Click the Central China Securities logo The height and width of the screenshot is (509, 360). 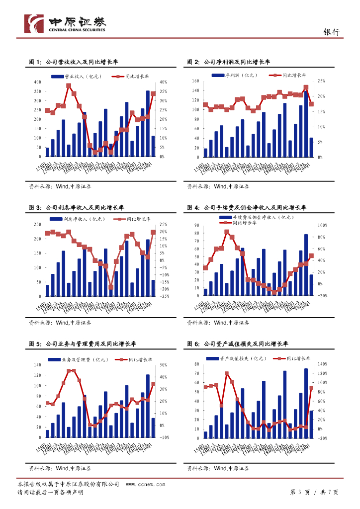65,23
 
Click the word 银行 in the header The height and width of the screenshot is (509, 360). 332,32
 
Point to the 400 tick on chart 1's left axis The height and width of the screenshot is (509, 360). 38,82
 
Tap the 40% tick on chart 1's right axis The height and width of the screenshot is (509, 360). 163,82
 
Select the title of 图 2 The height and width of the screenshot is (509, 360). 228,62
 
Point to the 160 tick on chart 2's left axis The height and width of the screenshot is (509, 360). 195,81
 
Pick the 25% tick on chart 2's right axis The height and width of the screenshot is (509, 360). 321,81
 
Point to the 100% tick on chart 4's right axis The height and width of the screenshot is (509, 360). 322,226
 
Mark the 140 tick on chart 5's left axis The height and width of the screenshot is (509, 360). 38,365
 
